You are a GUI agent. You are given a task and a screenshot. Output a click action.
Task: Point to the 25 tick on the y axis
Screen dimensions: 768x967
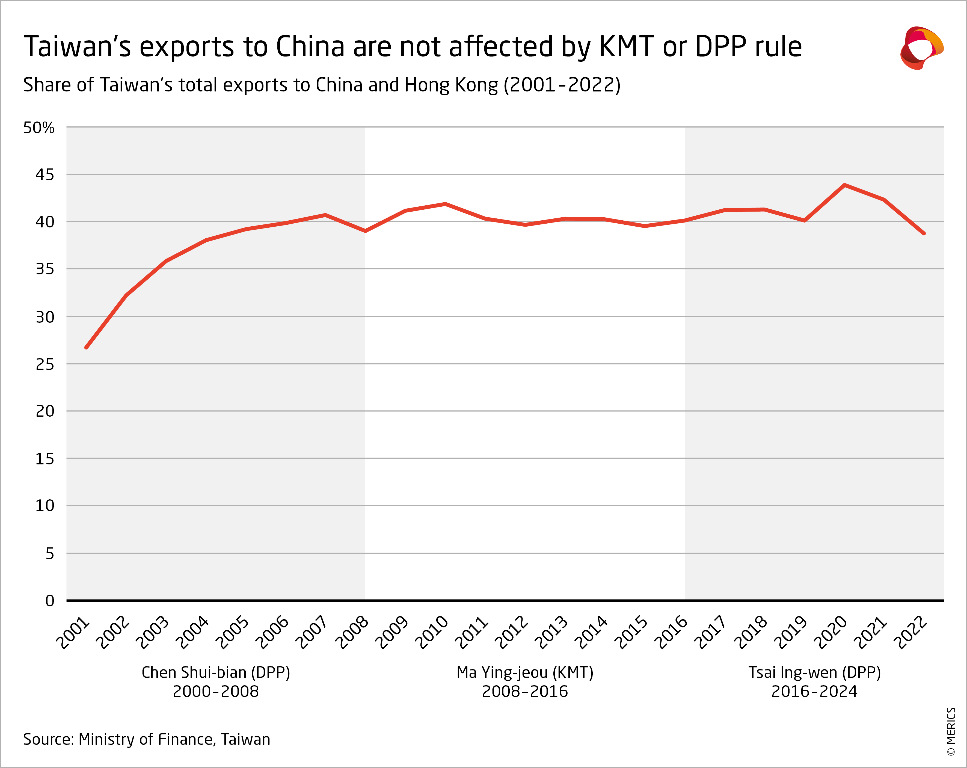(45, 364)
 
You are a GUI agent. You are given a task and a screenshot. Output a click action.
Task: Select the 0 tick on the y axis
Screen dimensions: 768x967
(49, 601)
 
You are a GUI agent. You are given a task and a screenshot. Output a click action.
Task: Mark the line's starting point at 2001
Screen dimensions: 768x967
(86, 347)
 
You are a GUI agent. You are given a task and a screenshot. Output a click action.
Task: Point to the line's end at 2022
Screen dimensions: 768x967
(924, 233)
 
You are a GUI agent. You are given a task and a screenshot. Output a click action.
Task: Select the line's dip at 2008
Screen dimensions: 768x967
(366, 231)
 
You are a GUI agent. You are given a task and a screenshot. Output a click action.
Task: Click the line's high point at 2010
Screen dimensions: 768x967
(445, 204)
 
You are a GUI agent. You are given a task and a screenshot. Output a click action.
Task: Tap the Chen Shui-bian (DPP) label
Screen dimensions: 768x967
(216, 672)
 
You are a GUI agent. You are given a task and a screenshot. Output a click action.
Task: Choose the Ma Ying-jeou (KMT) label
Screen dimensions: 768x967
(525, 672)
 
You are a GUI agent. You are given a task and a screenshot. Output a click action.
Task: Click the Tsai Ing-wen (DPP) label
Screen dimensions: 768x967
(814, 672)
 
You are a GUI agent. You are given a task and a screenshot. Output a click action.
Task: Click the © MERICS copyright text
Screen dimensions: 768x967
(951, 731)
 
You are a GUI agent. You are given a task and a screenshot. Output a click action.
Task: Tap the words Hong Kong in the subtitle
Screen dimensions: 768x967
(451, 85)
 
